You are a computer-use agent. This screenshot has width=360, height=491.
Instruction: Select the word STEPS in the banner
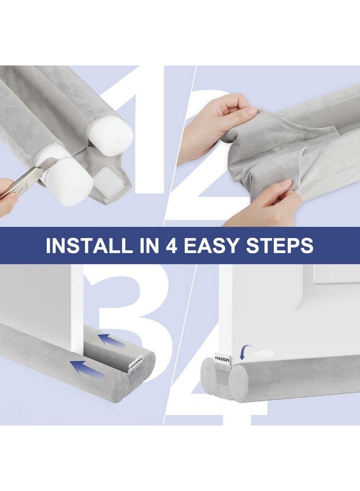tap(280, 245)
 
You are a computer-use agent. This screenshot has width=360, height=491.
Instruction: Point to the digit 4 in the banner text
tap(171, 245)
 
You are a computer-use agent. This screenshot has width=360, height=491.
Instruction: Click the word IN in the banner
tap(148, 245)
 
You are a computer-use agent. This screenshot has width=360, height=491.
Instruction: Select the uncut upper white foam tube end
tap(112, 133)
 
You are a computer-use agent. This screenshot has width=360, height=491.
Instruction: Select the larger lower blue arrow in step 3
tap(88, 367)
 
